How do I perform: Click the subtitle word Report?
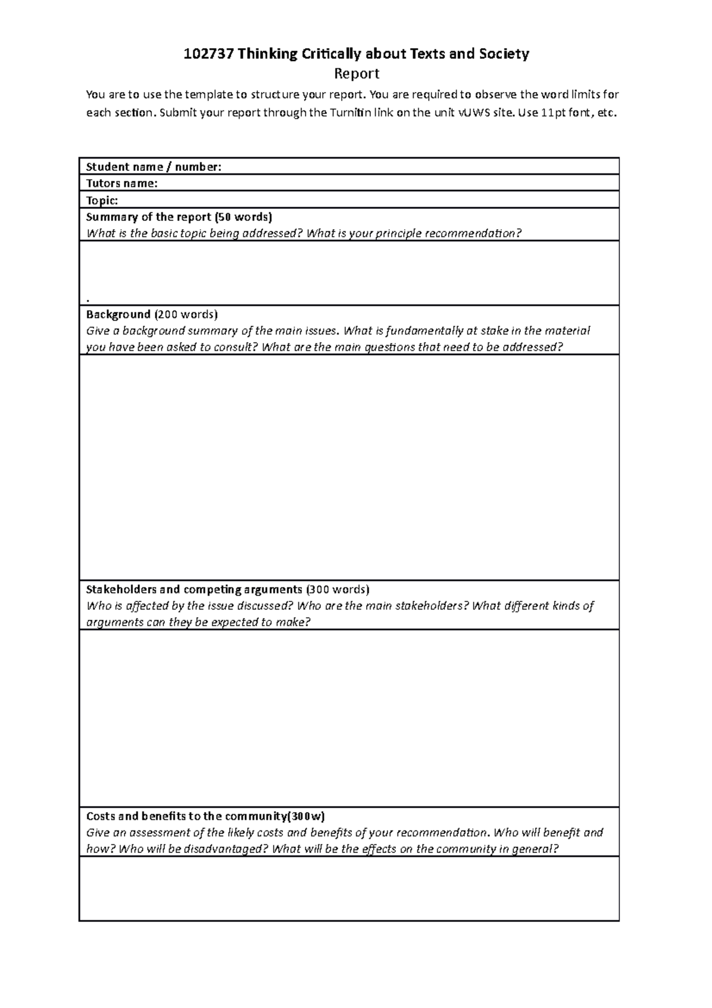pos(357,74)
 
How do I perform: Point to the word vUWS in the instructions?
pos(474,113)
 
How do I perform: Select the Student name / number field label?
pos(154,167)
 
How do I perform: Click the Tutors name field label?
pos(122,183)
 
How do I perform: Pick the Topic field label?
pos(102,200)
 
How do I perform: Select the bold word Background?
pos(118,314)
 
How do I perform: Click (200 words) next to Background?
pos(186,314)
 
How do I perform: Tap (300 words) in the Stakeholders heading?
pos(338,589)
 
